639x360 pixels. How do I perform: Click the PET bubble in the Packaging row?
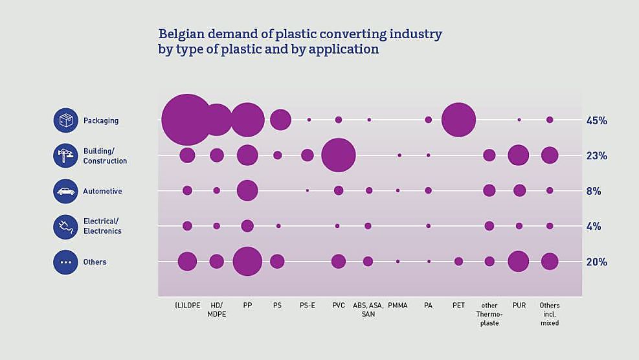click(x=458, y=120)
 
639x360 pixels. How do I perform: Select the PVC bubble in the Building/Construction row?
click(x=338, y=155)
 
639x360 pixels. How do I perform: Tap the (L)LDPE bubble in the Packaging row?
click(x=187, y=120)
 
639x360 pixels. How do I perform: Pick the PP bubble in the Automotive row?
click(x=247, y=190)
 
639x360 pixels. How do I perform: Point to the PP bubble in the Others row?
click(x=247, y=262)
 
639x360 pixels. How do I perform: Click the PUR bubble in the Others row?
click(x=519, y=262)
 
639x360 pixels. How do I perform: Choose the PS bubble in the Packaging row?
click(x=280, y=120)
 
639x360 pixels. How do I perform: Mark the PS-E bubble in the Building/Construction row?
click(x=308, y=155)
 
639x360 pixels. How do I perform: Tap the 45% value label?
click(x=596, y=120)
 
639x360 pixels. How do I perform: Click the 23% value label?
click(x=596, y=156)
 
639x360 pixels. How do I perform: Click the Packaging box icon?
click(x=65, y=120)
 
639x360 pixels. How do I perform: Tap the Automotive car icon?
click(x=65, y=191)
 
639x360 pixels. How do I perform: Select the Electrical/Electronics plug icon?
click(x=65, y=227)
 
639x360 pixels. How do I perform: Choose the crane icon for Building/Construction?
click(x=65, y=155)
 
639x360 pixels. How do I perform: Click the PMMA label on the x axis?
click(x=398, y=306)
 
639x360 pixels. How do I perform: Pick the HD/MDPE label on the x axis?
click(x=216, y=309)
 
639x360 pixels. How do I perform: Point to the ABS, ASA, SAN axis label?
click(x=368, y=309)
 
